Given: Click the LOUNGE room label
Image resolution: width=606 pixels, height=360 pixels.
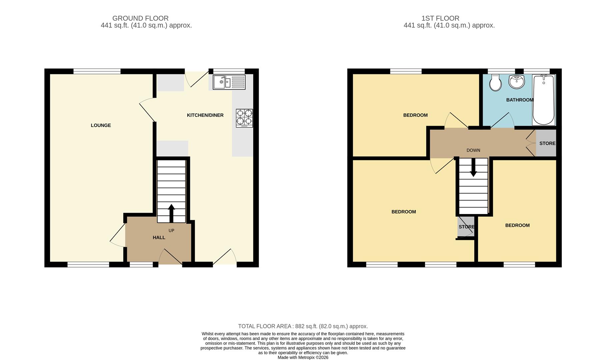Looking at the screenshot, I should (101, 125).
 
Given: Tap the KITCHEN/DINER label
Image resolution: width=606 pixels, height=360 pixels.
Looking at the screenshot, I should (205, 115).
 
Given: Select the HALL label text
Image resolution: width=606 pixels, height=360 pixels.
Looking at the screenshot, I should (159, 238).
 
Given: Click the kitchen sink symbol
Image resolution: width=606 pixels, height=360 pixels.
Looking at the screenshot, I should (229, 82).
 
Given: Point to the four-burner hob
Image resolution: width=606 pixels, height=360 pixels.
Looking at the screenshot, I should (244, 118).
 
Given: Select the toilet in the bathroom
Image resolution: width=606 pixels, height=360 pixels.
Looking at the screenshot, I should (495, 83).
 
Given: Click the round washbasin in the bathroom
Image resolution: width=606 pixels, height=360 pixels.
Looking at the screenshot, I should (517, 82).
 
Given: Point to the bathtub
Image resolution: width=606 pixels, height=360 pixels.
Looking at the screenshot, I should (543, 100).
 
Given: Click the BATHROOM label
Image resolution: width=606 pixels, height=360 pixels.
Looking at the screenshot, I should (520, 100).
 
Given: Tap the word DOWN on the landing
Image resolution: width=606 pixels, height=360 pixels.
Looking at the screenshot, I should (473, 150).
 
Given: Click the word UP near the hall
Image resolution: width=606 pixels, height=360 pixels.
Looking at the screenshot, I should (171, 231).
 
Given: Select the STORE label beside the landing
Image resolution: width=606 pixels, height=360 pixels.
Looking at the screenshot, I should (547, 143).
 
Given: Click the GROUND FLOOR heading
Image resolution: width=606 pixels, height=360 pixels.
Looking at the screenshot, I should (140, 18).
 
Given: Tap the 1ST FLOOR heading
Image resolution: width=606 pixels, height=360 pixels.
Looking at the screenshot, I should (440, 18).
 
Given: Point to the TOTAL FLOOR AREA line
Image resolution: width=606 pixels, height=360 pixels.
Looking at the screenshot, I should (303, 326).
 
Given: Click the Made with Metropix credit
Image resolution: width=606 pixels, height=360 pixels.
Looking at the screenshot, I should (303, 357).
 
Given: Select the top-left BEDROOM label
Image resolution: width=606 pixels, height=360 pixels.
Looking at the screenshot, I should (415, 115).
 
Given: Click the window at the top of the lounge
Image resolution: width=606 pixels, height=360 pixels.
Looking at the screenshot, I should (97, 71).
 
